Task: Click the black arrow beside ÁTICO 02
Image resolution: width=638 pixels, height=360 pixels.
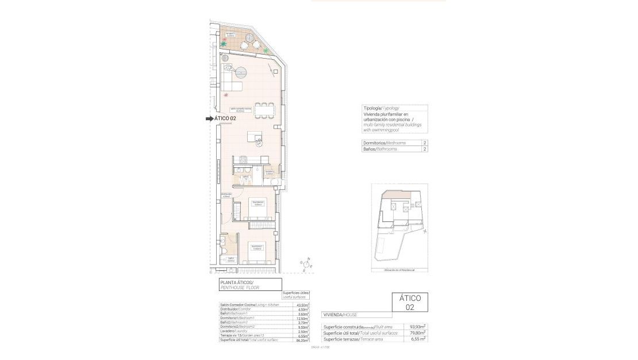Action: click(x=209, y=118)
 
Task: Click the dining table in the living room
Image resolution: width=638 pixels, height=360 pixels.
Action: click(x=264, y=109)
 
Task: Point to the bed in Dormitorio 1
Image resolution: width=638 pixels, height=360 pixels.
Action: click(x=257, y=252)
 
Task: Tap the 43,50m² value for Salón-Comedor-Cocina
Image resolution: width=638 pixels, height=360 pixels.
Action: click(x=302, y=305)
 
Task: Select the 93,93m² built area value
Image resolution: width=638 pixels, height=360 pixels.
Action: click(x=417, y=327)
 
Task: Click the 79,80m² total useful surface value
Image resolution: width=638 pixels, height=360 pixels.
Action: click(x=417, y=333)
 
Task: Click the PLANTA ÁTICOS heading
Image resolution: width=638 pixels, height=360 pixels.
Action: click(x=237, y=282)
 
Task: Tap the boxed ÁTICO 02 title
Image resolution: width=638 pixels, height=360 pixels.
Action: click(x=410, y=302)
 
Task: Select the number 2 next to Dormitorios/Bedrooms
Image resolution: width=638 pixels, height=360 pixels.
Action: click(x=424, y=143)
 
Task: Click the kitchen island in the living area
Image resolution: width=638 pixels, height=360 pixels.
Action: click(x=255, y=137)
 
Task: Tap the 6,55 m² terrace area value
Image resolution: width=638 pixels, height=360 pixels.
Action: click(x=418, y=339)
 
